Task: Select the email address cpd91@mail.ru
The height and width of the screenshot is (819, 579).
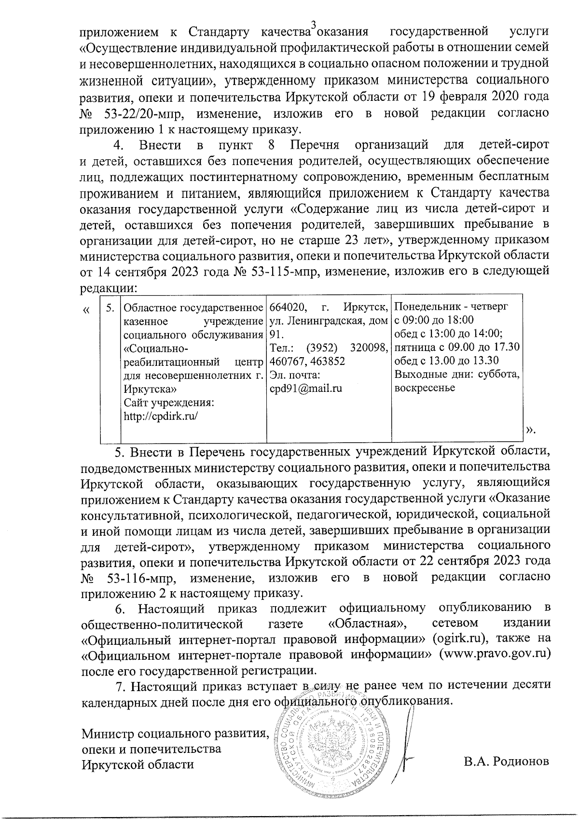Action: [305, 388]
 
